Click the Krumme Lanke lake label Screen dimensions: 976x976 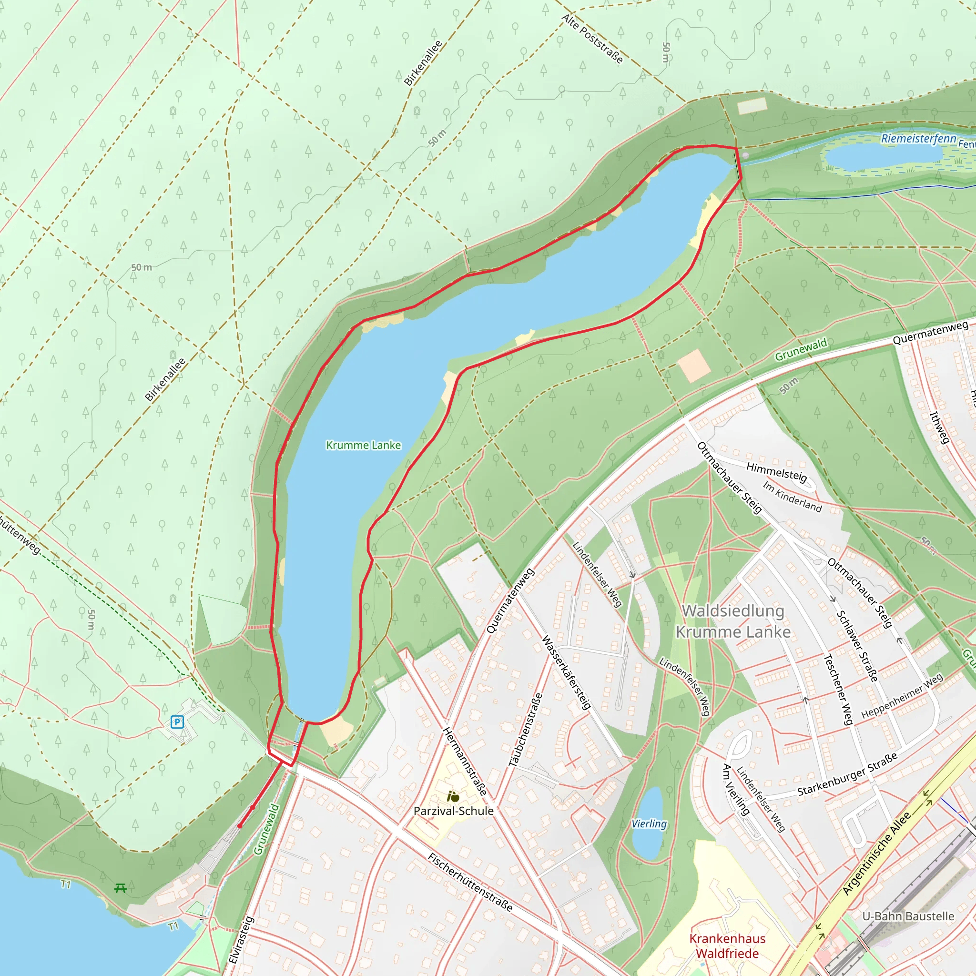click(x=363, y=445)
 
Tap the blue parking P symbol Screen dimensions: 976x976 click(x=177, y=722)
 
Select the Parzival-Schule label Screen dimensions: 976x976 click(x=453, y=811)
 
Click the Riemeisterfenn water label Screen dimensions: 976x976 click(x=918, y=138)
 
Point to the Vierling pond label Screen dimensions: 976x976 click(x=649, y=824)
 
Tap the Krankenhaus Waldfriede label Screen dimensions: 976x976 click(x=727, y=945)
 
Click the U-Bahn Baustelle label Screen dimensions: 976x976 click(x=908, y=916)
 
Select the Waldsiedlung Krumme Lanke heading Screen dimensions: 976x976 click(x=733, y=621)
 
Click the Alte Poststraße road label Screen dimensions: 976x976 click(x=592, y=39)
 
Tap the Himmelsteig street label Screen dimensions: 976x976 click(x=776, y=471)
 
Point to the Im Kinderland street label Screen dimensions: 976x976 click(x=792, y=497)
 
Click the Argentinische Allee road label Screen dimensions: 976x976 click(x=876, y=853)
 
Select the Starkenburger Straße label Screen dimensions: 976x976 click(x=847, y=774)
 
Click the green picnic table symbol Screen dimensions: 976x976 click(x=120, y=888)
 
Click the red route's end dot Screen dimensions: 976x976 click(x=240, y=826)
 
